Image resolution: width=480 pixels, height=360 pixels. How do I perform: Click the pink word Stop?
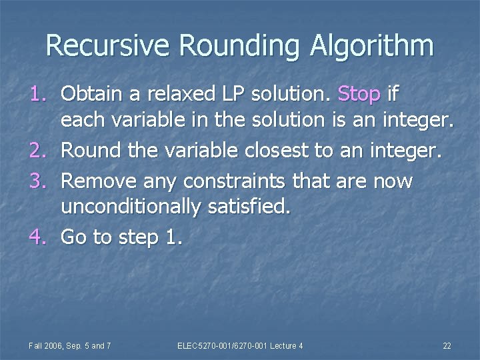point(359,94)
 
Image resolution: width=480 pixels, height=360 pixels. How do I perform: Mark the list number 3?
point(37,181)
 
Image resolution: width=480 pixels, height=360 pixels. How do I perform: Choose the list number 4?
point(37,237)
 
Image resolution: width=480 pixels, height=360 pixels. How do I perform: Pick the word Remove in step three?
point(93,181)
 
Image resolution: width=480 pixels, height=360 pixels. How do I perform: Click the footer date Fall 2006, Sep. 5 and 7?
point(70,345)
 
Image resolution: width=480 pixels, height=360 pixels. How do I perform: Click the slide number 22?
point(447,345)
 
